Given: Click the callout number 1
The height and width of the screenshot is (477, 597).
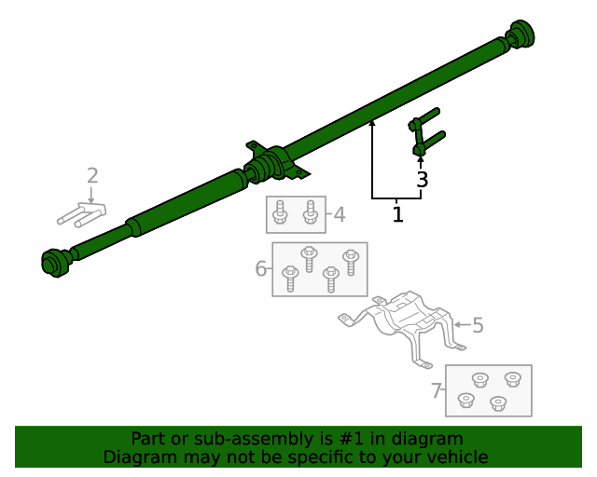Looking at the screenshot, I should [397, 215].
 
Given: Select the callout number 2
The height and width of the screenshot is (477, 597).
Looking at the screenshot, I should [92, 175].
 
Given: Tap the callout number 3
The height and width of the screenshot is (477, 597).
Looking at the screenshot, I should [422, 181].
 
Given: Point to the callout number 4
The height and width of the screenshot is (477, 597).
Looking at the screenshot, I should [340, 215].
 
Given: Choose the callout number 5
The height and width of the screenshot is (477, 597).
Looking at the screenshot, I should [478, 325].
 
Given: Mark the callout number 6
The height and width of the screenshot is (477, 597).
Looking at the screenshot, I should [261, 269].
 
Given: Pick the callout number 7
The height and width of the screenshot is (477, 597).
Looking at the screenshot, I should [436, 391].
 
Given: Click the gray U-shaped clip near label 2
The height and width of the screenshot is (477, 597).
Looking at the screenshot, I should [81, 214].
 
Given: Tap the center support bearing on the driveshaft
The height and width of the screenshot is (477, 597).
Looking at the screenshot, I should [273, 165].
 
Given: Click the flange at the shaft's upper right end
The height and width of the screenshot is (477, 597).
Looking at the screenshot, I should [521, 34].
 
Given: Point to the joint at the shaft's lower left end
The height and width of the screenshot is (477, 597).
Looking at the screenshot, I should [56, 262].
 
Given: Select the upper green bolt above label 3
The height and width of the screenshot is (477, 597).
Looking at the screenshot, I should [424, 118].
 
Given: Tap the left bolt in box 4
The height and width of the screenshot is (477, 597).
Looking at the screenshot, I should [280, 215].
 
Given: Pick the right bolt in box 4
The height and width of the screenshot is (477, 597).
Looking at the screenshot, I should [311, 215].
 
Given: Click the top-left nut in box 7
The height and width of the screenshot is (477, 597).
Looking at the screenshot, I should [480, 379].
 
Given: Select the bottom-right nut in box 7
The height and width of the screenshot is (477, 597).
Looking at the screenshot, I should [497, 403].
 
